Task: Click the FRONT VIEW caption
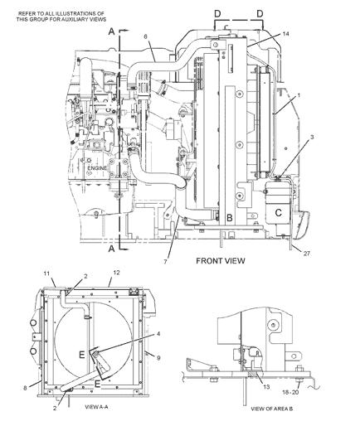(x=221, y=260)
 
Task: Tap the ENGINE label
(x=97, y=168)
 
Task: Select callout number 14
(x=286, y=34)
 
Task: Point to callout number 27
(x=307, y=254)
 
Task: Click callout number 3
(x=312, y=137)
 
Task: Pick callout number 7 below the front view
(x=165, y=261)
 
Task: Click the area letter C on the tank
(x=279, y=213)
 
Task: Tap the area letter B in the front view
(x=230, y=218)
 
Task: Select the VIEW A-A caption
(x=96, y=407)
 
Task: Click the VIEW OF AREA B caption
(x=271, y=409)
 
